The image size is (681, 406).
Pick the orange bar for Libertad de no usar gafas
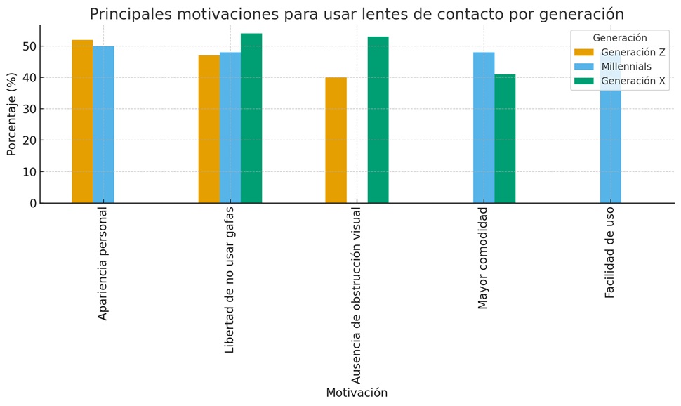tap(209, 129)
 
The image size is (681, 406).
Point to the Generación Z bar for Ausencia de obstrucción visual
tap(336, 140)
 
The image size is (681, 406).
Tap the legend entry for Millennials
tap(626, 67)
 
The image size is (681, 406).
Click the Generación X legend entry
tap(633, 81)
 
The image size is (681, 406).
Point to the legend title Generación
tap(619, 38)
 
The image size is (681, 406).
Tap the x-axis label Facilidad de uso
tap(610, 252)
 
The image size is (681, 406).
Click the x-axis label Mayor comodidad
tap(483, 258)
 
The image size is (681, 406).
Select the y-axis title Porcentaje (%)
tap(12, 114)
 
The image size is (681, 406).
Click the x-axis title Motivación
tap(356, 393)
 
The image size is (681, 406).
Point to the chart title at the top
tap(356, 14)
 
